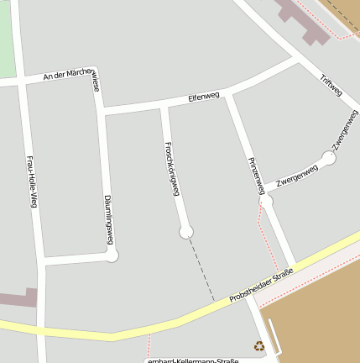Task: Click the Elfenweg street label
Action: pos(204,97)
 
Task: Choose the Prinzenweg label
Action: pos(257,176)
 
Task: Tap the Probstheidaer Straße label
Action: pos(262,281)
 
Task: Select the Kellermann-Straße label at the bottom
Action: pos(192,360)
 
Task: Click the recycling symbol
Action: pos(259,345)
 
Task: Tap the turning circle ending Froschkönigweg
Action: pos(186,231)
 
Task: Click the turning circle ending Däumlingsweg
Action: pos(112,255)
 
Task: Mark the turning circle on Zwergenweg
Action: pos(329,157)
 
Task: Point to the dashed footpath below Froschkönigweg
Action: pos(201,269)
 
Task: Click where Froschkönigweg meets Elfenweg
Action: pos(164,107)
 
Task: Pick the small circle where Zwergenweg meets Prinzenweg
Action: pos(267,200)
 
